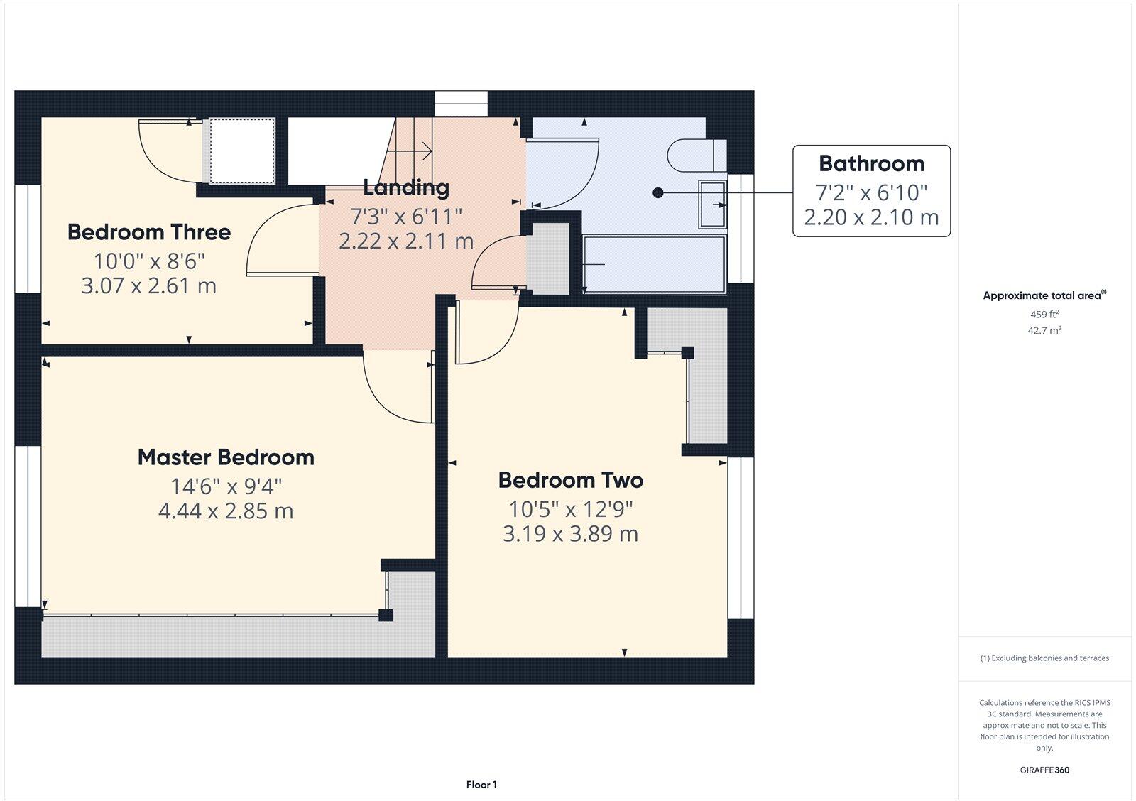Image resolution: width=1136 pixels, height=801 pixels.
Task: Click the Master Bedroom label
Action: point(226,457)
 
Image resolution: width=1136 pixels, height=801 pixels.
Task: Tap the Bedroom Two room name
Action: point(570,480)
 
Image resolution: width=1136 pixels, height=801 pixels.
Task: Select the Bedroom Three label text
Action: point(149,232)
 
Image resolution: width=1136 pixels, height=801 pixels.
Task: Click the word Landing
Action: point(406,187)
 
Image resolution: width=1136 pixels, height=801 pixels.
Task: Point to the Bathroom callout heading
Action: point(871,163)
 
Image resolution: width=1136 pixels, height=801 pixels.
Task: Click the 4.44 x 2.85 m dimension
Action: point(226,511)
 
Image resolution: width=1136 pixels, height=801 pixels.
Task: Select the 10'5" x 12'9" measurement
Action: point(570,509)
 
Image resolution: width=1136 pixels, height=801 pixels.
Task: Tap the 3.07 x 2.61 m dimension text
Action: point(149,286)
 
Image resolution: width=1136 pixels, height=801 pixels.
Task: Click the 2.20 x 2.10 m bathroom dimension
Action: point(871,217)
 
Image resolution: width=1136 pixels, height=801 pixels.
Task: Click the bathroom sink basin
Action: point(712,205)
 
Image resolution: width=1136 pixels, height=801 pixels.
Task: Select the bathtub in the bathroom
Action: point(653,264)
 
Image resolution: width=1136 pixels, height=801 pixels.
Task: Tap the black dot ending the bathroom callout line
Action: point(658,192)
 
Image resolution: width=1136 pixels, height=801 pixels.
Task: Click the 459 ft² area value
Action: point(1044,314)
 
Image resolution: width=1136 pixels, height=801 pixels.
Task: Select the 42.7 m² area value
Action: point(1044,330)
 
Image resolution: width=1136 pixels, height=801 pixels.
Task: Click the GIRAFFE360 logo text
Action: point(1044,770)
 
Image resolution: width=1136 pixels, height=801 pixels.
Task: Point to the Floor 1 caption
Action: point(481,785)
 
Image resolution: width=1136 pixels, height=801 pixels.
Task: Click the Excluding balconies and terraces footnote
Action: point(1044,658)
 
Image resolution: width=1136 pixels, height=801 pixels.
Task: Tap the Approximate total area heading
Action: point(1042,295)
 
